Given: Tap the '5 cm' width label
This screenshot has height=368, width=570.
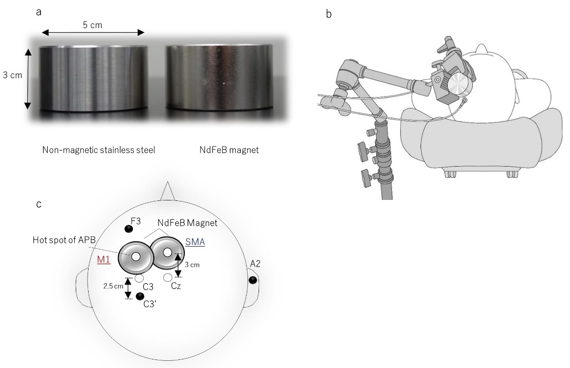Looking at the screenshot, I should (92, 24).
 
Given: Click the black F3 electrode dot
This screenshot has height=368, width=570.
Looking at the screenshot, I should (128, 229).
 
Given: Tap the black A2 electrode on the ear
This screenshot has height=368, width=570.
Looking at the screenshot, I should (252, 279).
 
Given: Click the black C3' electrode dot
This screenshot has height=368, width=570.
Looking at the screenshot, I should (140, 297).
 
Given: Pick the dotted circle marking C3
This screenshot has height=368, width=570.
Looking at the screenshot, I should (139, 278).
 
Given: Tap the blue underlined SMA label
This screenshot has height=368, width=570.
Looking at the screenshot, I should (195, 242).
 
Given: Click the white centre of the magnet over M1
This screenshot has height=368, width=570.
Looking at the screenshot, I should (136, 257).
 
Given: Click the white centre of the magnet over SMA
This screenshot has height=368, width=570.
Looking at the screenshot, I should (167, 252).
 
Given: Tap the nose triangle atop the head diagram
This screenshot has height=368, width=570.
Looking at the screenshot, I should (167, 190).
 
